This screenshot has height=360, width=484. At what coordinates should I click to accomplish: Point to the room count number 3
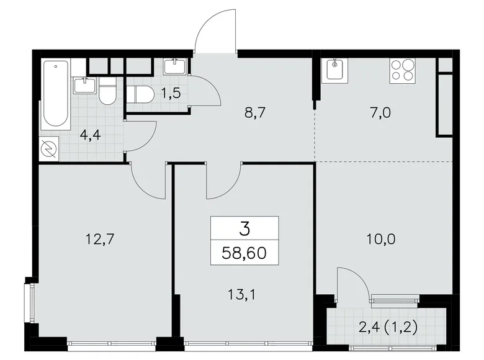244,229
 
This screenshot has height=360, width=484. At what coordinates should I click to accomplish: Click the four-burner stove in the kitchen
403,70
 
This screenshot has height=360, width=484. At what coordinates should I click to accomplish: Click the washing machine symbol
49,149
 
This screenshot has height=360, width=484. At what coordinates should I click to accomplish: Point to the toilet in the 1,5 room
140,94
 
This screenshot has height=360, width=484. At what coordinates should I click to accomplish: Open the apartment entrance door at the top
214,31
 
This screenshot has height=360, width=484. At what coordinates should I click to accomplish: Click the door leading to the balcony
352,282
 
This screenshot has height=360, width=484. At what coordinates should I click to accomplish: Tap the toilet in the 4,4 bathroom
107,91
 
